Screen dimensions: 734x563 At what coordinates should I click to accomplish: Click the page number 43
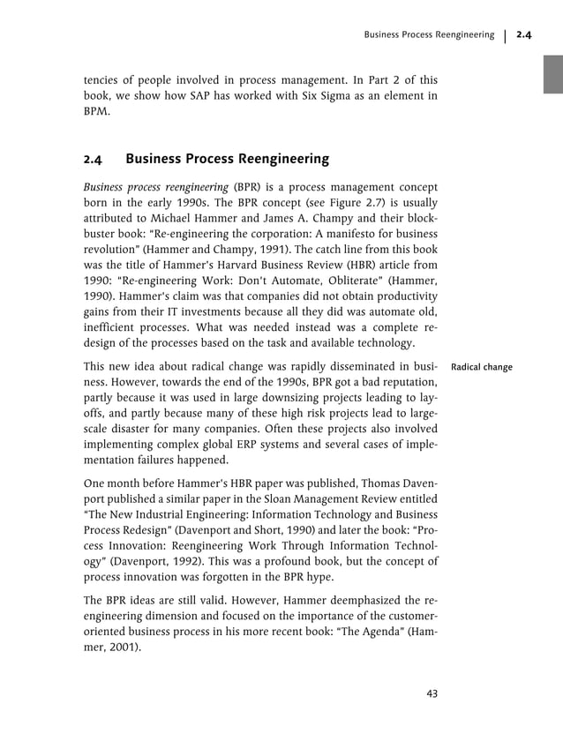[x=432, y=693]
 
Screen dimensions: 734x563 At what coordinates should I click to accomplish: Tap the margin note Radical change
[x=481, y=366]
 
